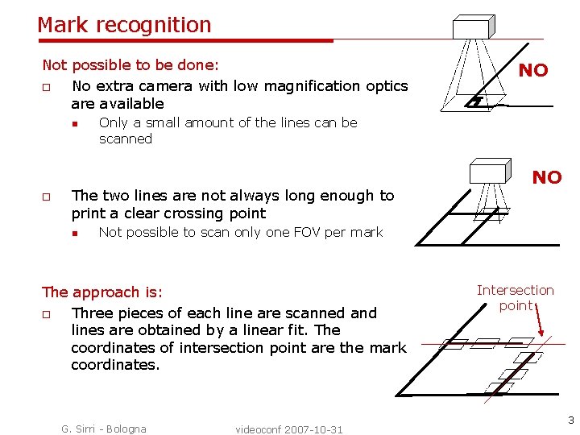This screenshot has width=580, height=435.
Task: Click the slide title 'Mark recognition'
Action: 124,25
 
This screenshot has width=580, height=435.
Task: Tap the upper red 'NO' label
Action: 532,70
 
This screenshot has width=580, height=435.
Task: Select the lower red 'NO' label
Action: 546,177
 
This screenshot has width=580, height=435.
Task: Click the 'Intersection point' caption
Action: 515,297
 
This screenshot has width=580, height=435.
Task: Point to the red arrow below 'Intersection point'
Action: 543,322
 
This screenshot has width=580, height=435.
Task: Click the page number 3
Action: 570,420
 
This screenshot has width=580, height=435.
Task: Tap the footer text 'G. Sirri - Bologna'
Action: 104,429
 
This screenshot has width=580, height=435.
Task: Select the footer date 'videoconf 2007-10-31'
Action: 289,429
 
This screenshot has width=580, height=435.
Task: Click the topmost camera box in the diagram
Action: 470,28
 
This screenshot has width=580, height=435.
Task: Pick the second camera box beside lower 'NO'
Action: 491,171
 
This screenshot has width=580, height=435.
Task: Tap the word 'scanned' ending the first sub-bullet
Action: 125,139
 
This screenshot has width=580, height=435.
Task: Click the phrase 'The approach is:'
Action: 101,292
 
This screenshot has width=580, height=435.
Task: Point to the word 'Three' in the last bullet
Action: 93,313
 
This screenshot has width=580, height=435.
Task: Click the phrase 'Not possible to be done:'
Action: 130,64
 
